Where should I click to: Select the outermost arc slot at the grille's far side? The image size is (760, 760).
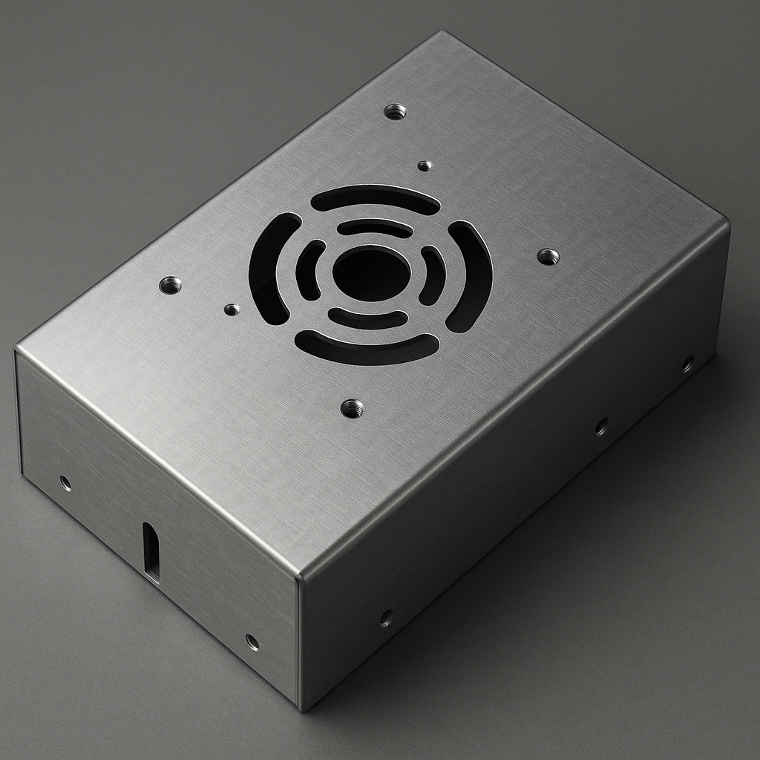coord(375,198)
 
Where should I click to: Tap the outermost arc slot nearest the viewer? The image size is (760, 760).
coord(367,348)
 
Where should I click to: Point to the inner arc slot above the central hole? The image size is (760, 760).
coord(375,228)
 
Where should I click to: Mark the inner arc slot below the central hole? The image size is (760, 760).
coord(367,319)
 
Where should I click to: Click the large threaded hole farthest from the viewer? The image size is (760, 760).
coord(395,112)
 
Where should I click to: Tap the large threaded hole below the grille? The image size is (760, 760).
coord(352,407)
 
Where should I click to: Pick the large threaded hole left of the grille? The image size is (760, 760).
coord(170,285)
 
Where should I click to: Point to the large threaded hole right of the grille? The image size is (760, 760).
coord(548,257)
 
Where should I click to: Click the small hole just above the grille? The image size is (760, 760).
coord(425,166)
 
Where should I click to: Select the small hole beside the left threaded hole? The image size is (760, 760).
coord(232,309)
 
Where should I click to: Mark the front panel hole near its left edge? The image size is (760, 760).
coord(65,483)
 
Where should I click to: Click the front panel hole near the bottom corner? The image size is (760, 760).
coord(252,642)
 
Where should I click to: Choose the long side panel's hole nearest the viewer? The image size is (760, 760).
coord(386,617)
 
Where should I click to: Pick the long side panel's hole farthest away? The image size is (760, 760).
coord(687,364)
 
